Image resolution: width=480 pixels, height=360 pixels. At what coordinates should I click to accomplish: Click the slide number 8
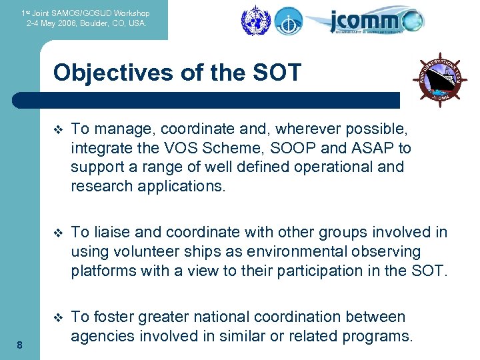pyautogui.click(x=20, y=345)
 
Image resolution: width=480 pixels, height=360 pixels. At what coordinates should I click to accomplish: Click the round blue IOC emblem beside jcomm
pyautogui.click(x=289, y=21)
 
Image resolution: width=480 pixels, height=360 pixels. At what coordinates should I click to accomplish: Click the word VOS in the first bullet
pyautogui.click(x=174, y=147)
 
